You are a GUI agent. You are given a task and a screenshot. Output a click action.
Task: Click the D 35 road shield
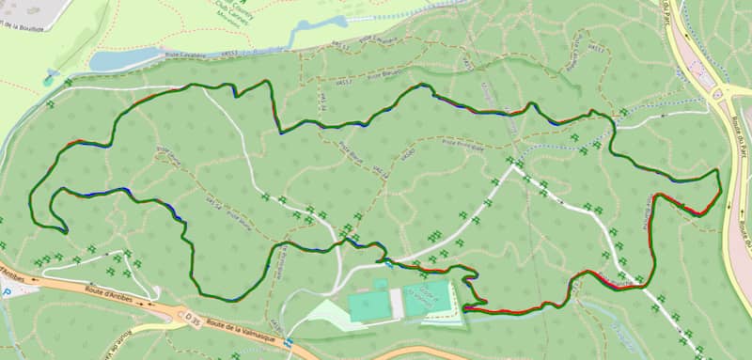[x=192, y=321]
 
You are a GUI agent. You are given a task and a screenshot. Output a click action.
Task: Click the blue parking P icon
[x=8, y=293]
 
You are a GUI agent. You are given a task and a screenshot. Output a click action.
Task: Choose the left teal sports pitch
[x=369, y=305]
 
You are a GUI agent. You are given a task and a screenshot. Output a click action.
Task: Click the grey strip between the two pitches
[x=398, y=303]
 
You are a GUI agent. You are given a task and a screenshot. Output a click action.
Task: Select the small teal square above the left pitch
[x=381, y=283]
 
